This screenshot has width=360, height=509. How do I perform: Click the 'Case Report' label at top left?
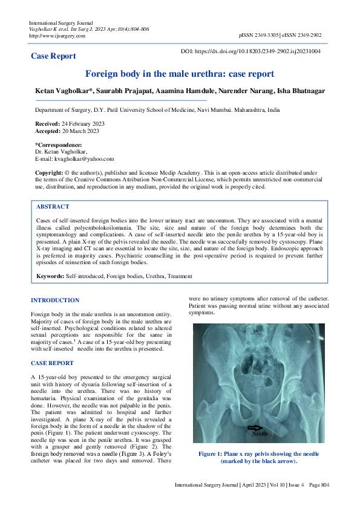[53, 56]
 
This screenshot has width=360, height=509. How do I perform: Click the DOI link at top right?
[251, 52]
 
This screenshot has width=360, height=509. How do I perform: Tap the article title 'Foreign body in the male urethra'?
[180, 74]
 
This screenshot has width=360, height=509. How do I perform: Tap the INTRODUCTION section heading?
[55, 300]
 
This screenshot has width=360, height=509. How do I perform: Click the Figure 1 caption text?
[258, 458]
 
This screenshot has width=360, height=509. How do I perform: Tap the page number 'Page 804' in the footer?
[318, 485]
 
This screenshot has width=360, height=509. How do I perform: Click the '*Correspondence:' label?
[59, 145]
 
